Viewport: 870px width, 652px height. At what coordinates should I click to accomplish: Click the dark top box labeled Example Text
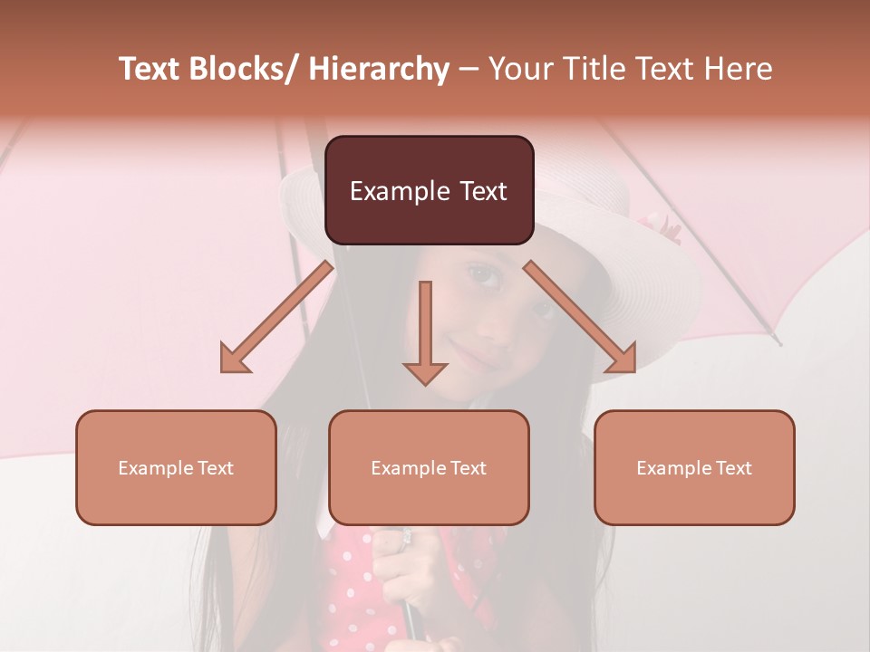pos(429,190)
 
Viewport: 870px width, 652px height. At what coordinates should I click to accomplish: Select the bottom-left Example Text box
pos(176,467)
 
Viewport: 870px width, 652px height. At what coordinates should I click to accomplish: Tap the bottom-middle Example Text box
pos(429,467)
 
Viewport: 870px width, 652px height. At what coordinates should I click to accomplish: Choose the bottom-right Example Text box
pos(694,467)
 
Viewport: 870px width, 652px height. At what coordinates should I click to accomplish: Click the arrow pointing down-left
pos(276,318)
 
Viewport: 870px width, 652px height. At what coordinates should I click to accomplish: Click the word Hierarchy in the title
pos(378,69)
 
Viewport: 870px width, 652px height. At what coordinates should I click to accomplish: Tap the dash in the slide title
pos(469,69)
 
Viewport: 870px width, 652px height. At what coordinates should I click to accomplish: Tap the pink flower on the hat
pos(659,226)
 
